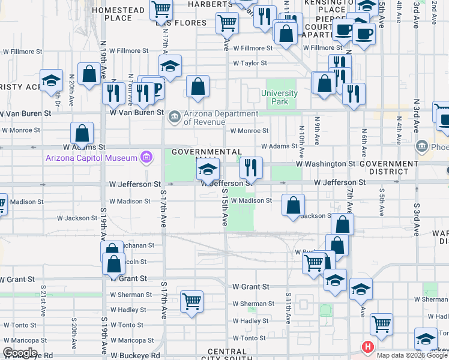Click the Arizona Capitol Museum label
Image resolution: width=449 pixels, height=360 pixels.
click(92, 158)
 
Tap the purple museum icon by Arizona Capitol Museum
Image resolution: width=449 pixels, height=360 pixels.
click(145, 158)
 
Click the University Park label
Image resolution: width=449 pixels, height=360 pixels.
click(279, 97)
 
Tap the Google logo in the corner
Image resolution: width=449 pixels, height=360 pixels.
click(20, 353)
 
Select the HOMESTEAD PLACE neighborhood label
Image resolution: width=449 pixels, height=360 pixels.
click(118, 14)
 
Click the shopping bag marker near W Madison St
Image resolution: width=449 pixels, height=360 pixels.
click(292, 206)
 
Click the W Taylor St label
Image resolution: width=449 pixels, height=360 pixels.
click(250, 63)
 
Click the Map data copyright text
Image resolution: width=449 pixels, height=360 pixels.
click(412, 355)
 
